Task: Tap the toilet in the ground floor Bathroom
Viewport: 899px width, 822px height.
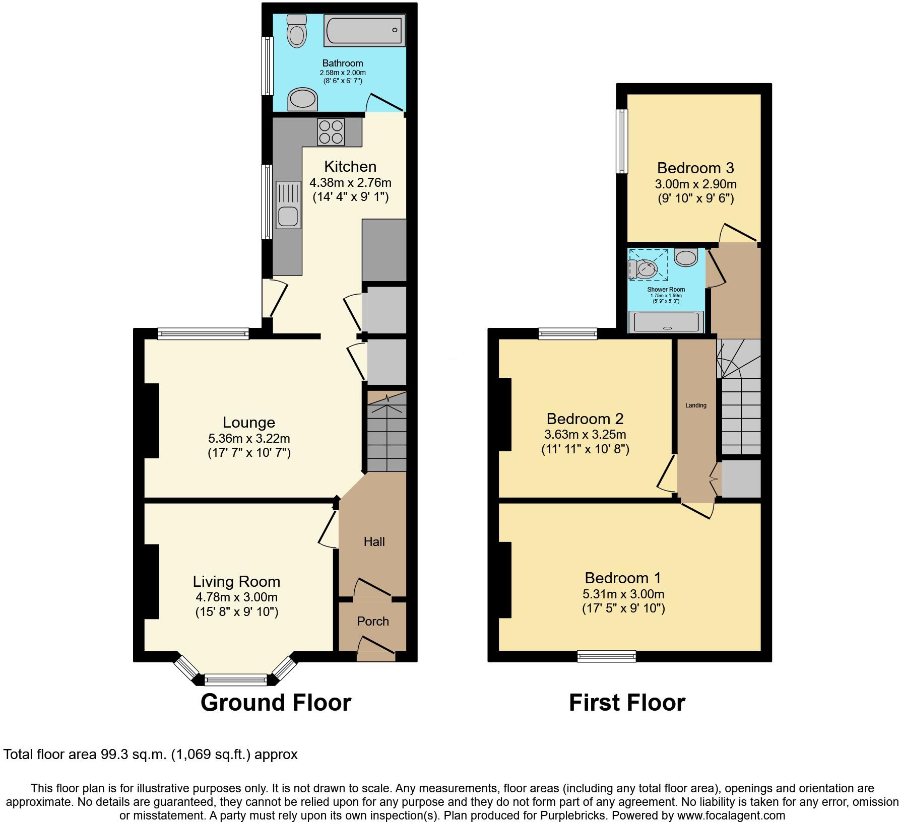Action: point(296,32)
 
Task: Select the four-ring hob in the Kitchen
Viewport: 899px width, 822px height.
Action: point(331,131)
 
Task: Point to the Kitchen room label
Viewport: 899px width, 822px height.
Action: point(350,167)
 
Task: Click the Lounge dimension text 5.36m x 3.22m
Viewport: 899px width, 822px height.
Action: point(249,438)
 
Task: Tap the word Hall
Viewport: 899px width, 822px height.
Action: point(374,541)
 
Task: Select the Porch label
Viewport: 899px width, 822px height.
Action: point(373,621)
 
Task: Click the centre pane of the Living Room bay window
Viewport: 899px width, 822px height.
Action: point(236,680)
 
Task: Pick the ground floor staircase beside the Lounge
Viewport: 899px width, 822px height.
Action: point(386,433)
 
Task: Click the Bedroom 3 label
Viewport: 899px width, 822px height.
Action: point(695,168)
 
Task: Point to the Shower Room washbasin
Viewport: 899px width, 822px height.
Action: point(685,258)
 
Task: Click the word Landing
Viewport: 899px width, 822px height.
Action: point(695,405)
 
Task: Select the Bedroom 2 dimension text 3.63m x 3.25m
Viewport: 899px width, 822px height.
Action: point(585,434)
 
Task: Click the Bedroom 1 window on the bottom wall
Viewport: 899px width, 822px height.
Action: point(607,656)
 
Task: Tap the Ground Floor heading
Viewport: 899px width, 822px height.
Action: point(276,702)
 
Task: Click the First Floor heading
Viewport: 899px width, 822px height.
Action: point(627,702)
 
